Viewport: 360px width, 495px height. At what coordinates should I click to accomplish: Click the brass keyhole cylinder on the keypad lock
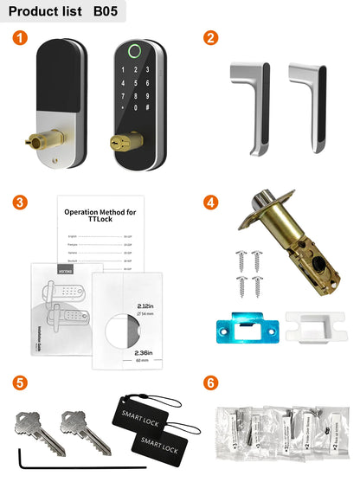click(x=115, y=142)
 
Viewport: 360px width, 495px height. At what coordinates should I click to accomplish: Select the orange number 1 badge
click(x=22, y=38)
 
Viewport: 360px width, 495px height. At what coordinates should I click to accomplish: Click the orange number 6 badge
click(x=209, y=382)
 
